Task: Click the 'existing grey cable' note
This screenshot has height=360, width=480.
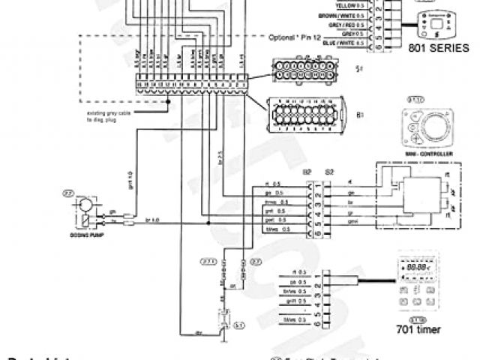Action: (106, 116)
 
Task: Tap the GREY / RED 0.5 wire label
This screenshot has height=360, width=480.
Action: (346, 24)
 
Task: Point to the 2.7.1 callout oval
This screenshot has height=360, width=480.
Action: (207, 262)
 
